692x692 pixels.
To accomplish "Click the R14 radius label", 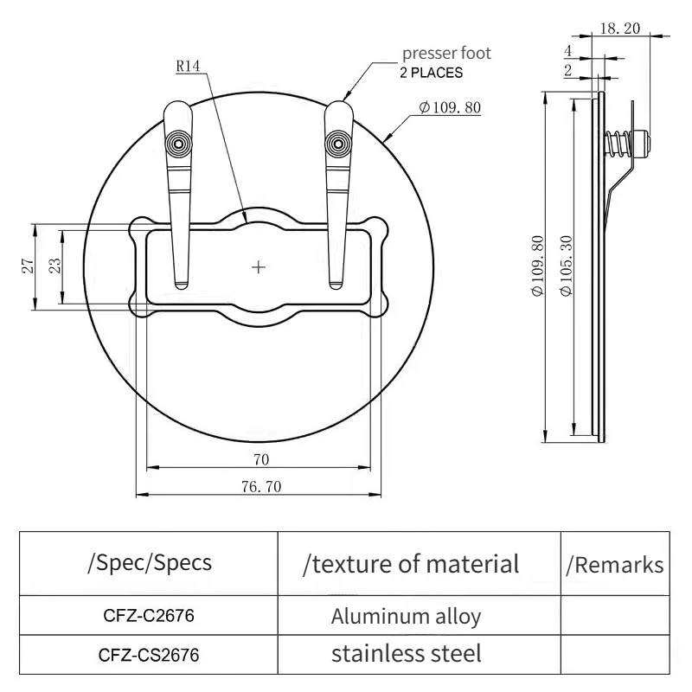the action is [x=188, y=67].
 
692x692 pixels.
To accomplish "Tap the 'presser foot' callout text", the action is [x=446, y=54].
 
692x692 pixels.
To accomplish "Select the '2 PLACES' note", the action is [x=431, y=73].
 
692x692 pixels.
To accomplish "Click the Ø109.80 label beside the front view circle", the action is [x=450, y=107].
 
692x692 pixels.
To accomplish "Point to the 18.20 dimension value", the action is [x=619, y=29].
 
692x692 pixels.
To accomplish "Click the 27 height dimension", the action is [x=28, y=266].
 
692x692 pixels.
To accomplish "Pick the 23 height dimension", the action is [x=54, y=266].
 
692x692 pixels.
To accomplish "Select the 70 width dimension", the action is [x=261, y=459].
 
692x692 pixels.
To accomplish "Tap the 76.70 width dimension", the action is [x=261, y=486].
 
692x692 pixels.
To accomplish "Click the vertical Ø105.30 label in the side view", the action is [x=566, y=266].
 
